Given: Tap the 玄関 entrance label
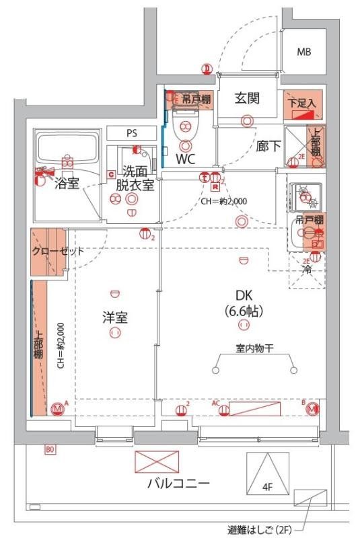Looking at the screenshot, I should pos(248,98).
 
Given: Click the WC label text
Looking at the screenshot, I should pos(186,160).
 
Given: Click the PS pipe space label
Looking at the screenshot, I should pos(131,133).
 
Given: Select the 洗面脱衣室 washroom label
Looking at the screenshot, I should pos(135,178).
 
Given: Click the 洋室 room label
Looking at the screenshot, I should pos(115,317).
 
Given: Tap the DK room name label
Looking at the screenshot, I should pos(243,294).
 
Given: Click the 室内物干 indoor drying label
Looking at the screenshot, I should pos(254,349).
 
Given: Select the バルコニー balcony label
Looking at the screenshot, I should pos(178,483).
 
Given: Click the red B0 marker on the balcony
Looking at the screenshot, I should pos(50,449).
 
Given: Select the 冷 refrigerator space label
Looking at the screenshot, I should pos(307,270).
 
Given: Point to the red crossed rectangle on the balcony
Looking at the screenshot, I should pos(158,461).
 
